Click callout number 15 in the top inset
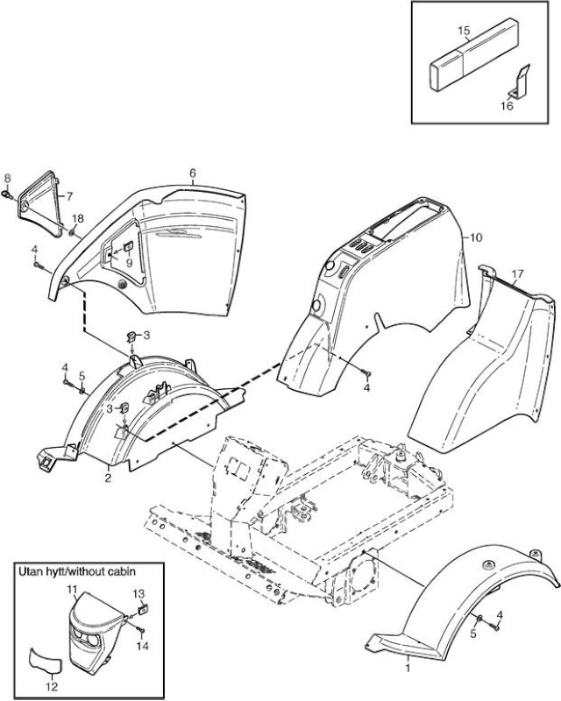(x=464, y=31)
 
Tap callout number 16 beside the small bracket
(x=507, y=106)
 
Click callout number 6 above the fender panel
(x=193, y=173)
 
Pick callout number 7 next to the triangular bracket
(x=69, y=195)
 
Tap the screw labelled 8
(x=8, y=194)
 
